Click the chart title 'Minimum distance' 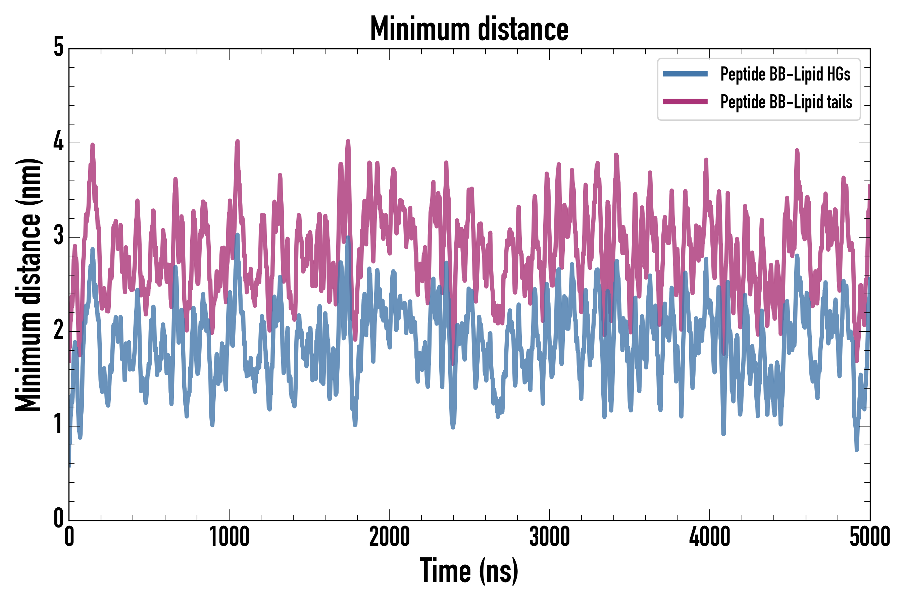(x=469, y=29)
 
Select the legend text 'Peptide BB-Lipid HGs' (x=785, y=74)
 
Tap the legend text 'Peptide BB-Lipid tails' (x=786, y=102)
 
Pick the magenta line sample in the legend (x=685, y=102)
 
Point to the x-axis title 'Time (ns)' (x=469, y=571)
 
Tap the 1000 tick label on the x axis (x=229, y=537)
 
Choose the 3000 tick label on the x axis (x=549, y=537)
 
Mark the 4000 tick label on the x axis (x=710, y=537)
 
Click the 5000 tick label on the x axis (x=869, y=537)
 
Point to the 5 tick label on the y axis (x=58, y=48)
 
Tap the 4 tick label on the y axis (x=58, y=142)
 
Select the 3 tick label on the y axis (x=58, y=236)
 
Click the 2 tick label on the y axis (x=58, y=331)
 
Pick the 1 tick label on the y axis (x=58, y=424)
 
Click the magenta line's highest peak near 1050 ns (x=237, y=142)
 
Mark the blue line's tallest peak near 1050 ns (x=237, y=235)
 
